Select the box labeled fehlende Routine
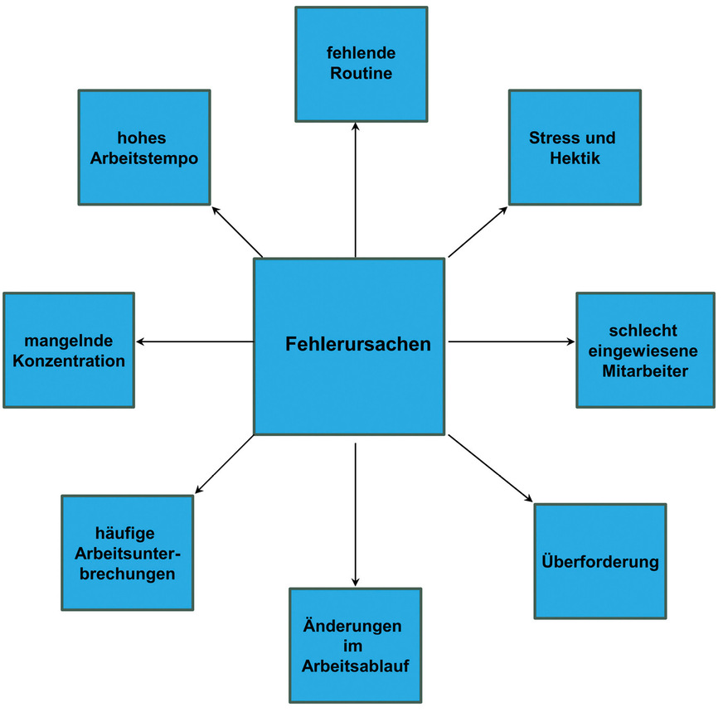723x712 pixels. [361, 64]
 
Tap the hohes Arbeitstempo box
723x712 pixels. [144, 147]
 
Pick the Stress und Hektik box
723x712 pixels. [574, 147]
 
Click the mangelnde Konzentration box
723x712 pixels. [69, 350]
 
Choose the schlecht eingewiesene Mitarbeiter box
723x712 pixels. [644, 350]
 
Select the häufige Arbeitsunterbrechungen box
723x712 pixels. [127, 553]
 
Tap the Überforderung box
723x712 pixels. [599, 561]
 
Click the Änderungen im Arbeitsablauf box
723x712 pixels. [355, 645]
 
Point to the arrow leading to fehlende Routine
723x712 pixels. [355, 191]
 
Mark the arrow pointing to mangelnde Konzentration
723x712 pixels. [195, 341]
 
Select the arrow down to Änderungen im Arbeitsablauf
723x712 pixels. [355, 514]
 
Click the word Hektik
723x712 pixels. [574, 157]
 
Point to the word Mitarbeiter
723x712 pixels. [644, 371]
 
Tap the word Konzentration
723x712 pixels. [69, 361]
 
